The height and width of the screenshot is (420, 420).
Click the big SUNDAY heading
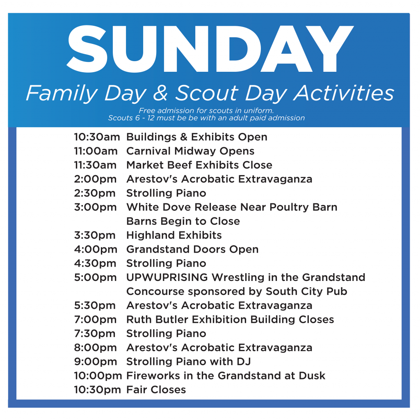tap(210, 49)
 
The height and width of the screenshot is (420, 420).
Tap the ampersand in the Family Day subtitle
tap(161, 93)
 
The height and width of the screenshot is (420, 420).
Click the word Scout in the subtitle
tap(207, 93)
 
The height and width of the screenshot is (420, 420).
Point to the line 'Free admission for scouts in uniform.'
tap(206, 110)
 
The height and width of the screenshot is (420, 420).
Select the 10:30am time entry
tap(97, 137)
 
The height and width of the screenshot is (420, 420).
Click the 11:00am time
tap(96, 151)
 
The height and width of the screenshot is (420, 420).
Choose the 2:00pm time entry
tap(95, 179)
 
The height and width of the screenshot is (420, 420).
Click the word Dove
tap(177, 207)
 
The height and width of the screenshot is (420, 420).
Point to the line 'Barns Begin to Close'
tap(183, 221)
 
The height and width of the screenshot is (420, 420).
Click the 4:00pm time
tap(96, 249)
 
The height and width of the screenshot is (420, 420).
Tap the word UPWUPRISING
tap(167, 277)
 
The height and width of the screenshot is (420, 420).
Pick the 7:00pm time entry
tap(95, 320)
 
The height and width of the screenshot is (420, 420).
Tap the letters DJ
tap(244, 362)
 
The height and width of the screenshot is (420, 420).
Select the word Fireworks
tap(153, 376)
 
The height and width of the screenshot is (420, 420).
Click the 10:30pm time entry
tap(98, 390)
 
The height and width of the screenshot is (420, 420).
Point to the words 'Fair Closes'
tap(156, 390)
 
